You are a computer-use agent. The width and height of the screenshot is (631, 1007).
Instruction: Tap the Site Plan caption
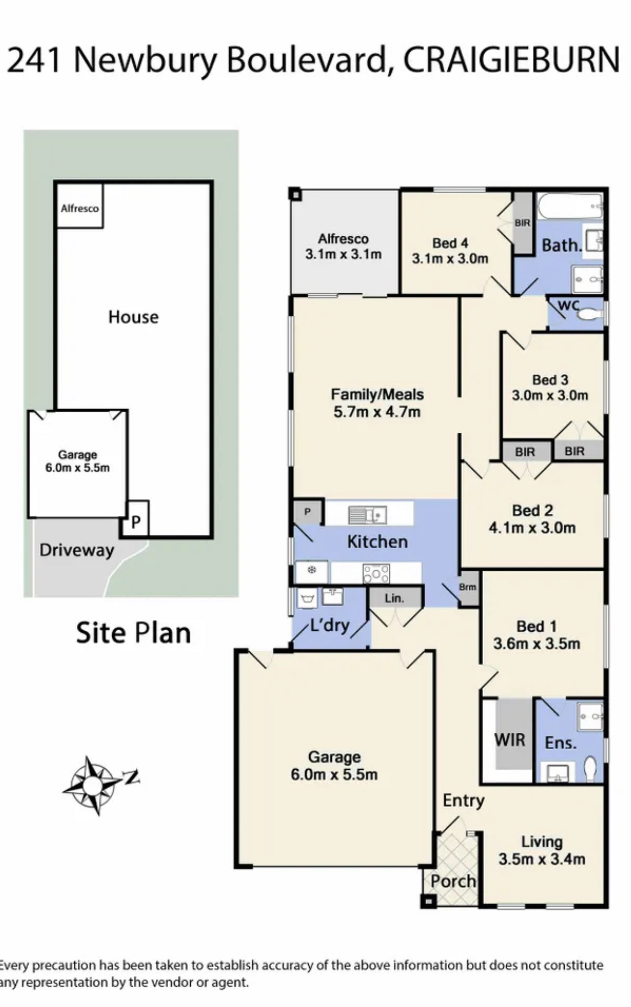(133, 633)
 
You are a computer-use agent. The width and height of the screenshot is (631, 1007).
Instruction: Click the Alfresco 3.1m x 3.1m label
(343, 247)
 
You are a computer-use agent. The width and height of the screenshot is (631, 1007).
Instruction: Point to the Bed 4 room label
(450, 251)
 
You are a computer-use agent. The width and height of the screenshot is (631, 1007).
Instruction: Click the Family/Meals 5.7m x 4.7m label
(377, 403)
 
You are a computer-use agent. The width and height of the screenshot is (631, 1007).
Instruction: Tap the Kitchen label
(377, 542)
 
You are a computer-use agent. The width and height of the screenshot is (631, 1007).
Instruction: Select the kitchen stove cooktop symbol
(376, 573)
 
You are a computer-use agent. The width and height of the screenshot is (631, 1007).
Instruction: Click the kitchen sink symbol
(367, 515)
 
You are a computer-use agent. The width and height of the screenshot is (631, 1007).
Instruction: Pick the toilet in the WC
(591, 313)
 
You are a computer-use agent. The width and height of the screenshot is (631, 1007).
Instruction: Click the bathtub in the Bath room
(570, 206)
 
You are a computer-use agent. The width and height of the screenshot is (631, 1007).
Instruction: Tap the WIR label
(510, 740)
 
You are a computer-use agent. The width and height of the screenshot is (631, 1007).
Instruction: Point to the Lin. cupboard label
(394, 598)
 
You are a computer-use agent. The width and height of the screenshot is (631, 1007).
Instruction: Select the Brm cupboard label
(467, 587)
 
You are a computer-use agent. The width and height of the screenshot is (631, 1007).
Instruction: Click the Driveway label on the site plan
(77, 550)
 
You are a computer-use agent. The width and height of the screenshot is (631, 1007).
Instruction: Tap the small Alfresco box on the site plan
(80, 206)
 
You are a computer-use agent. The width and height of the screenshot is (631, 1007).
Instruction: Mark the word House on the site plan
(134, 317)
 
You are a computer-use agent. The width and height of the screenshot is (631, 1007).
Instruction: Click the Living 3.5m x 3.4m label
(542, 850)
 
